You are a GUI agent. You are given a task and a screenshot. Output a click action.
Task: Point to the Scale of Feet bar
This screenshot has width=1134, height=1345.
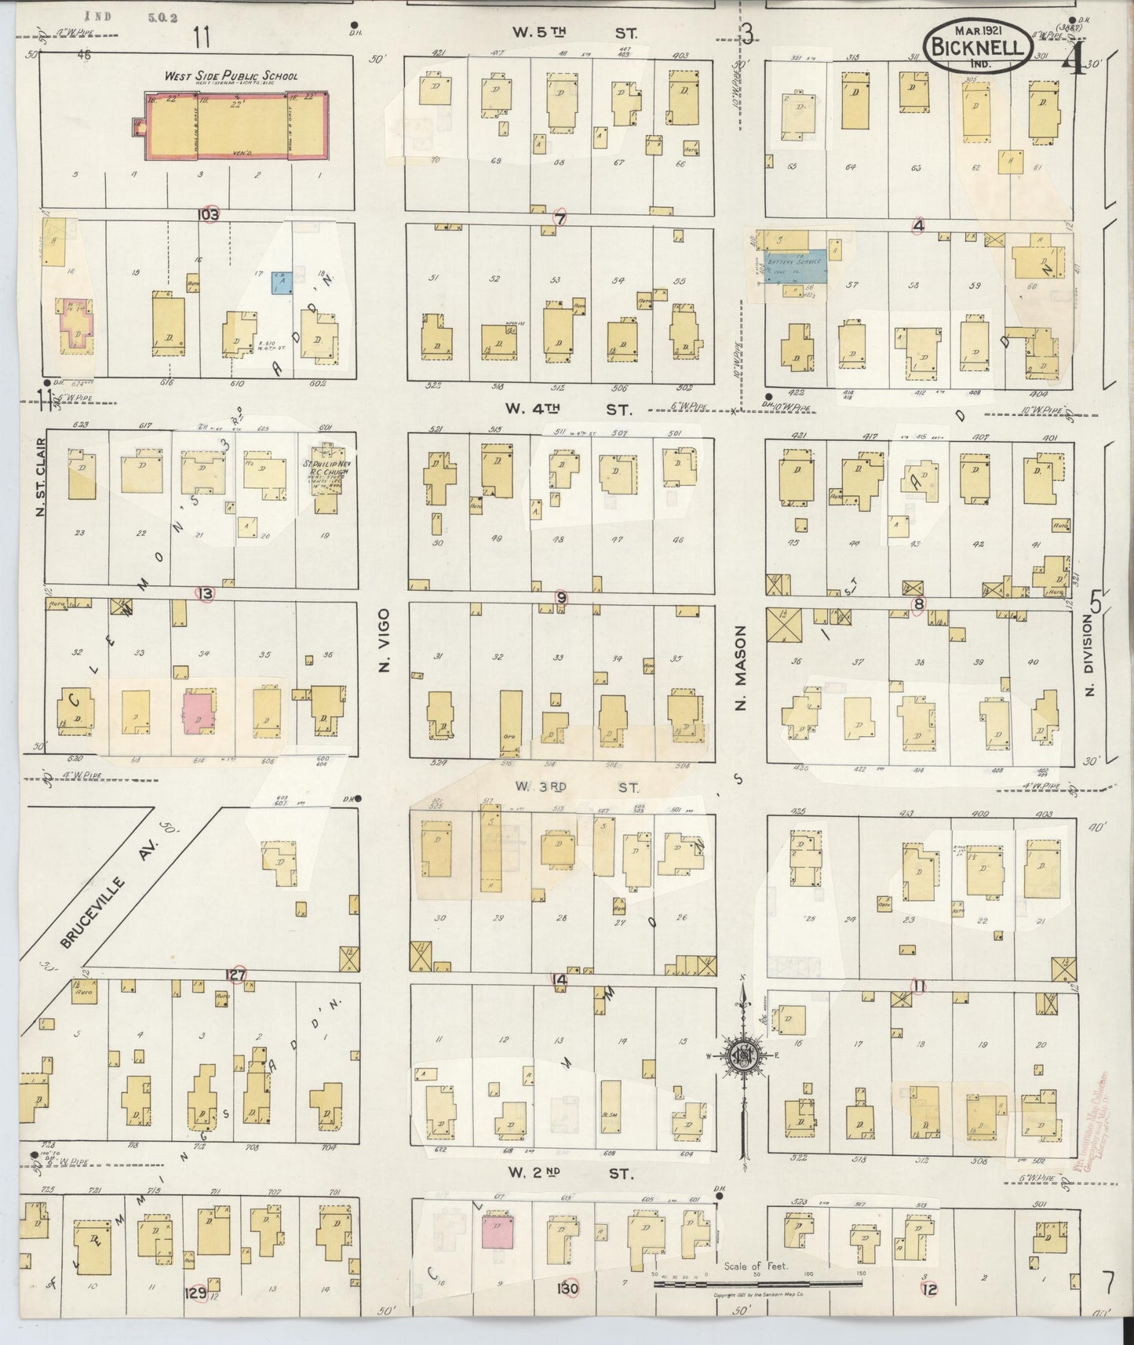coord(757,1285)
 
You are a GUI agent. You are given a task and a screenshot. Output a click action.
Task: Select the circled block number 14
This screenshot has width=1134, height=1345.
coord(559,979)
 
